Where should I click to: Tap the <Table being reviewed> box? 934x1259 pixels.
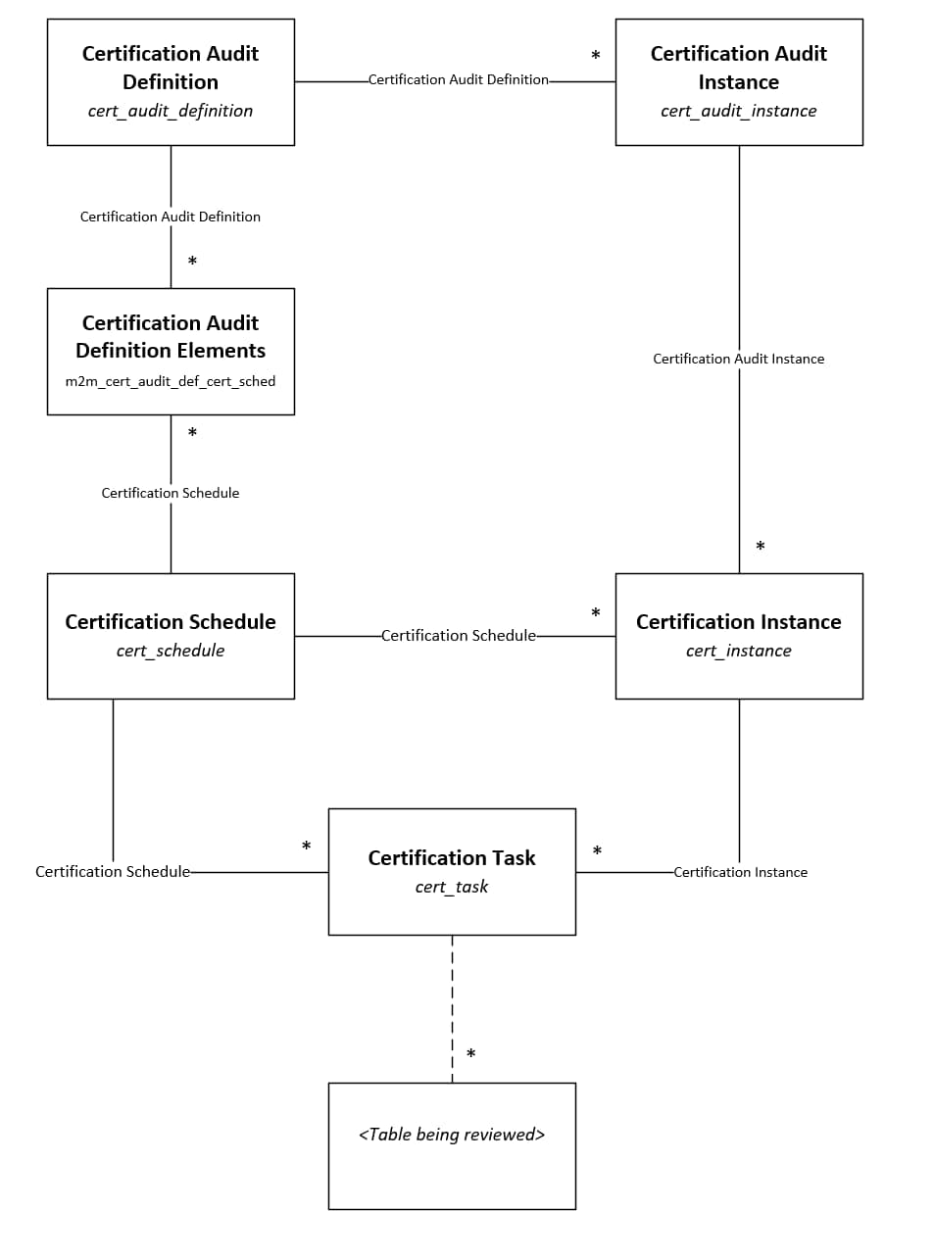[452, 1145]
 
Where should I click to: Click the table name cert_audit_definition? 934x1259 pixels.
[171, 111]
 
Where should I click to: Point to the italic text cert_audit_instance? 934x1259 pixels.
[738, 111]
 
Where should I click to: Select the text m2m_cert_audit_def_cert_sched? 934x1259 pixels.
[171, 381]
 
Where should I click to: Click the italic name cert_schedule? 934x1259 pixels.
[171, 651]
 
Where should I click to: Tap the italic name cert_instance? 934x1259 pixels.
[738, 651]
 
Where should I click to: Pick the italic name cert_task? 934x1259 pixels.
[452, 887]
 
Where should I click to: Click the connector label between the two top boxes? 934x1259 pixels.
[458, 79]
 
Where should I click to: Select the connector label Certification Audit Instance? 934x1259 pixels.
[738, 359]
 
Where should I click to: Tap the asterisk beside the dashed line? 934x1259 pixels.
[471, 1055]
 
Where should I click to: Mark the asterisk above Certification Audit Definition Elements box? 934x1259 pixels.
[192, 262]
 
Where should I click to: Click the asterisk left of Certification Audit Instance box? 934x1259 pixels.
[595, 57]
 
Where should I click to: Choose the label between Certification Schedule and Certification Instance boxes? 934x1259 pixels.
[458, 636]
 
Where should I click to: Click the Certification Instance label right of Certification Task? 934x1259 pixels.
[740, 872]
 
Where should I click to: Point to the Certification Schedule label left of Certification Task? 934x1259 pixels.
[113, 872]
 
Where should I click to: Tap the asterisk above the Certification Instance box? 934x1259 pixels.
[760, 547]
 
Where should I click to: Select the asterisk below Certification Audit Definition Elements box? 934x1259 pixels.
[192, 433]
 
